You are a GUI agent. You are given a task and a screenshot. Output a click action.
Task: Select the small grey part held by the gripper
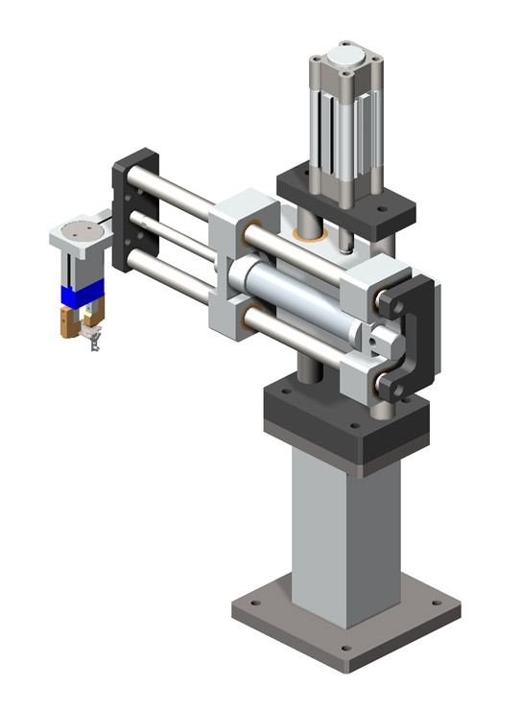(x=93, y=338)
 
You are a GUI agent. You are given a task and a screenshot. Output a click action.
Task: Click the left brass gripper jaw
(x=67, y=322)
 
